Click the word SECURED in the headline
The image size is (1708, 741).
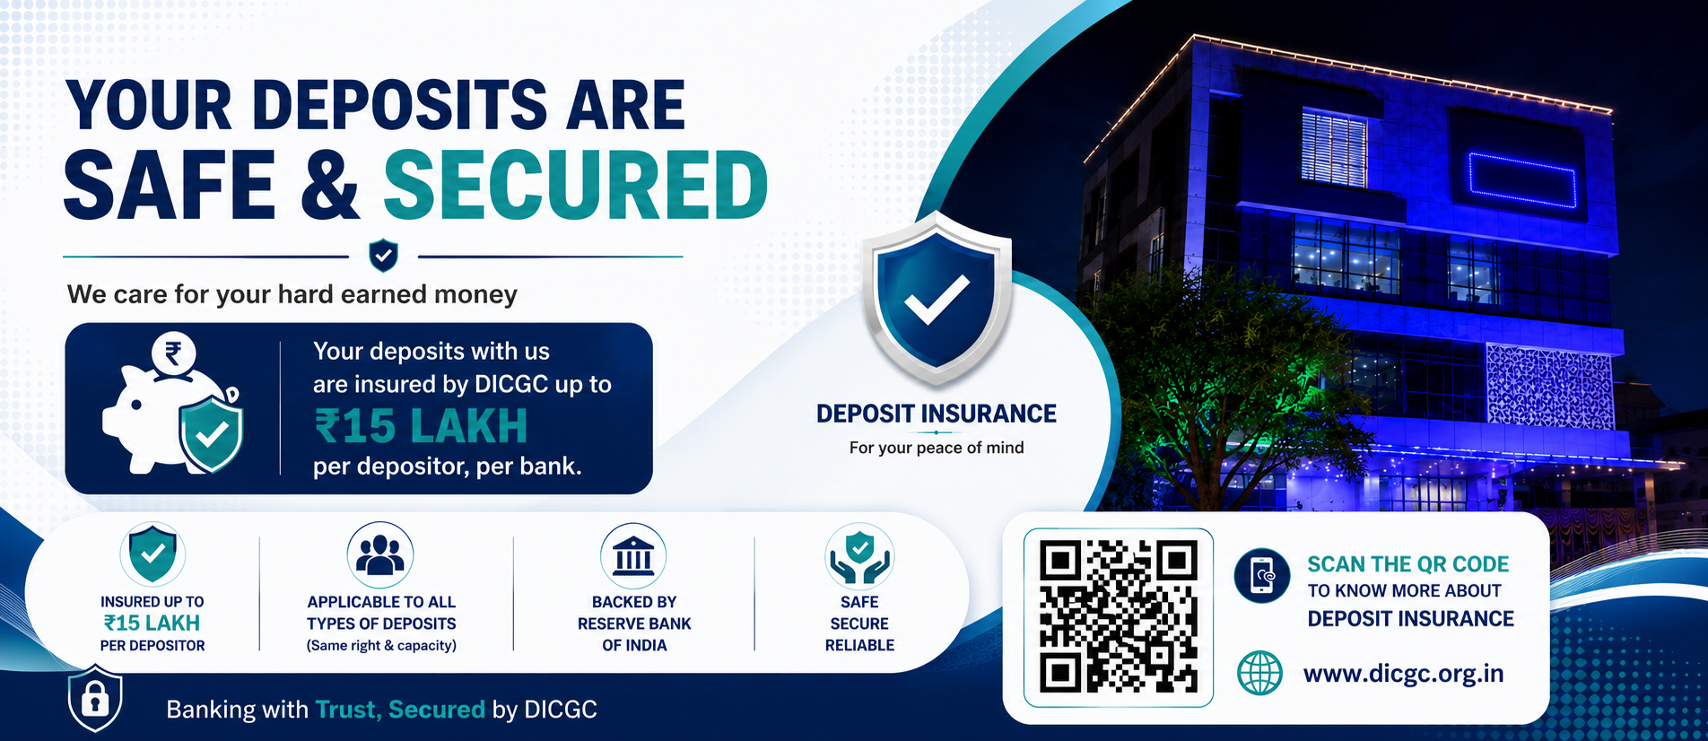click(576, 185)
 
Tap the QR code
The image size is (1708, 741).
click(1119, 617)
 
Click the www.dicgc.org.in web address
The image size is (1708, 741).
click(1403, 674)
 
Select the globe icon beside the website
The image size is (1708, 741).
click(1259, 673)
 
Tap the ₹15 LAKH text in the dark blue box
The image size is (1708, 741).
click(421, 426)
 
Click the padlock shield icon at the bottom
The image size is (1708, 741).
click(95, 698)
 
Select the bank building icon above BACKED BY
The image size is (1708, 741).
click(634, 556)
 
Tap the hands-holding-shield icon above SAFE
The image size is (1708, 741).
click(859, 556)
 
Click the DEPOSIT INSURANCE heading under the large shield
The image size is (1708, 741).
click(937, 414)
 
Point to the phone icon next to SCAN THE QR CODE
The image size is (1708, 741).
click(1261, 575)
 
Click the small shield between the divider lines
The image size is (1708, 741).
click(384, 256)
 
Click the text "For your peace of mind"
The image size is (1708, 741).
click(937, 448)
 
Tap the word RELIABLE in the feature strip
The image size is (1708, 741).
click(859, 645)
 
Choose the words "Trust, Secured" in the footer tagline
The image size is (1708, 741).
click(400, 710)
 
